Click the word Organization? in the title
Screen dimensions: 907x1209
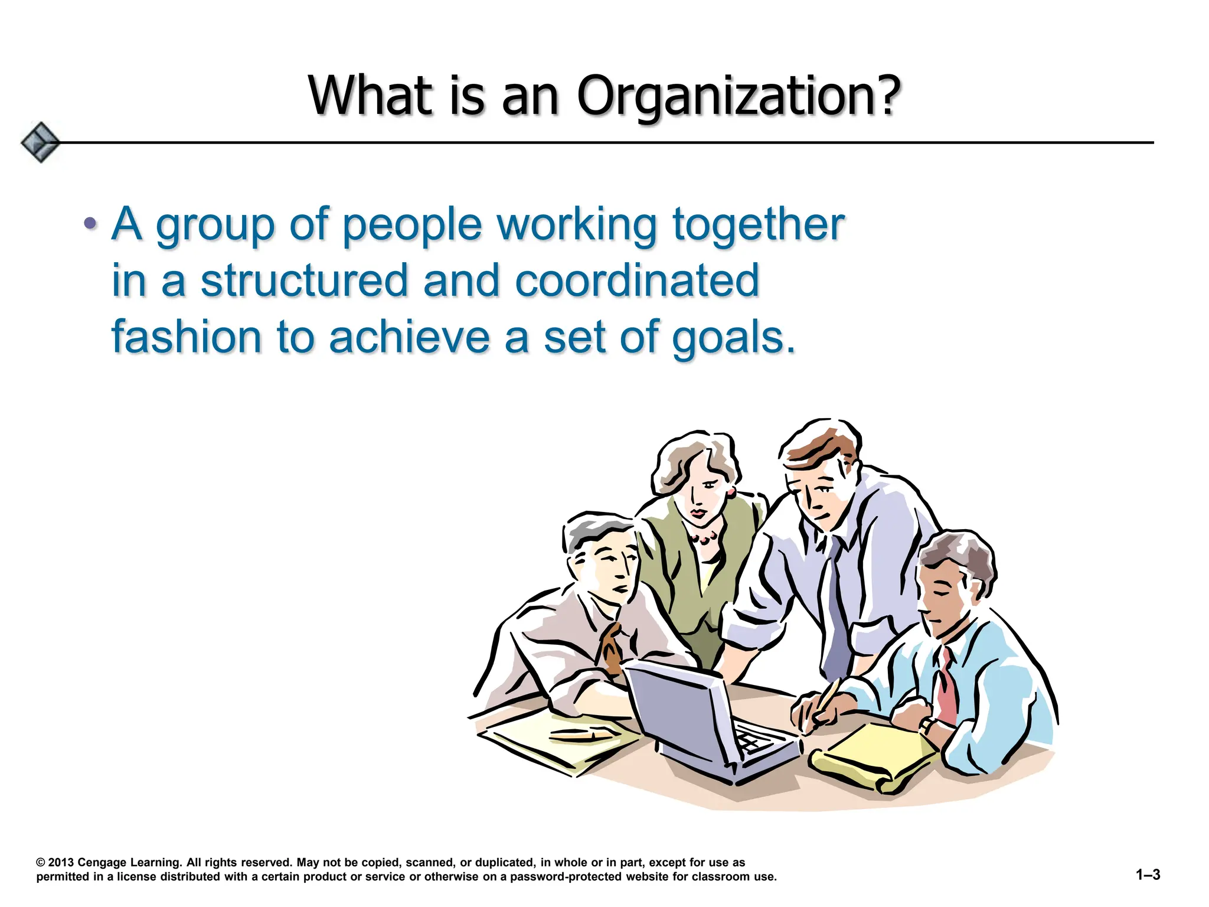tap(738, 96)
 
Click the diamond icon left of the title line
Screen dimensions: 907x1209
tap(40, 142)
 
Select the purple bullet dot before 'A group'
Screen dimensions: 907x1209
tap(90, 223)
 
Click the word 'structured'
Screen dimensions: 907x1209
tap(304, 280)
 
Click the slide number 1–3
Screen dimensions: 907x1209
tap(1148, 875)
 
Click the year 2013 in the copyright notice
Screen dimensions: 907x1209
tap(61, 862)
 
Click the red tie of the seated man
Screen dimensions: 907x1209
tap(946, 685)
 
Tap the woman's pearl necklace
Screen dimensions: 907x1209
tap(703, 537)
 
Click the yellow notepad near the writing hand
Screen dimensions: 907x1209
tap(874, 753)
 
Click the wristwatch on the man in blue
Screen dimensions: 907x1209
tap(927, 725)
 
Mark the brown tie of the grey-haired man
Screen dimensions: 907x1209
tap(611, 647)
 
